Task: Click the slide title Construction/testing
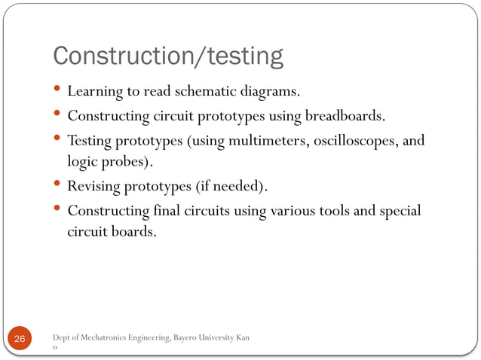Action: (167, 56)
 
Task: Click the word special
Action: (399, 210)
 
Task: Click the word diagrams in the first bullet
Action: (271, 93)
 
